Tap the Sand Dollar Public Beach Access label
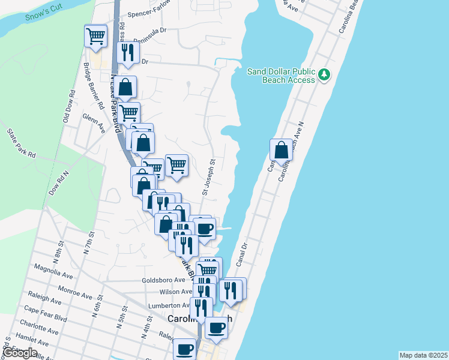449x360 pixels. click(281, 76)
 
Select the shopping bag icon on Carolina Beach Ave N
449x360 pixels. click(281, 151)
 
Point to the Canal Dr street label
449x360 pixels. click(243, 254)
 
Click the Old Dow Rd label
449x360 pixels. click(68, 107)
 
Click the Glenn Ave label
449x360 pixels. click(94, 122)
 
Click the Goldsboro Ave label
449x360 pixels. click(163, 280)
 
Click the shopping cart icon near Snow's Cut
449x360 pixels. click(95, 37)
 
